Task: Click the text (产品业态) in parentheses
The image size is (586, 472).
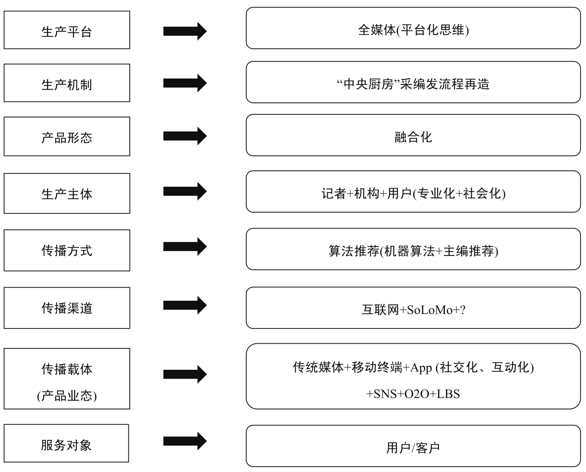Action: (67, 395)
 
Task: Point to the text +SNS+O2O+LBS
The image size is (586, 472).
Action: (413, 394)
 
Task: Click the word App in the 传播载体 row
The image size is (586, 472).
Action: (421, 368)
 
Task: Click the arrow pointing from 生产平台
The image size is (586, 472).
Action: (185, 31)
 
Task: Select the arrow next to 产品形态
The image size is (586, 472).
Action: (185, 136)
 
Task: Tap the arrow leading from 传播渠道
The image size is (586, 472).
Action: (185, 305)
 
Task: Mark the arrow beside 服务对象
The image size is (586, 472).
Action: (185, 441)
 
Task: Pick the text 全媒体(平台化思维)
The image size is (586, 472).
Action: (414, 30)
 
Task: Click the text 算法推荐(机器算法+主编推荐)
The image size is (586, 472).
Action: (414, 251)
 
